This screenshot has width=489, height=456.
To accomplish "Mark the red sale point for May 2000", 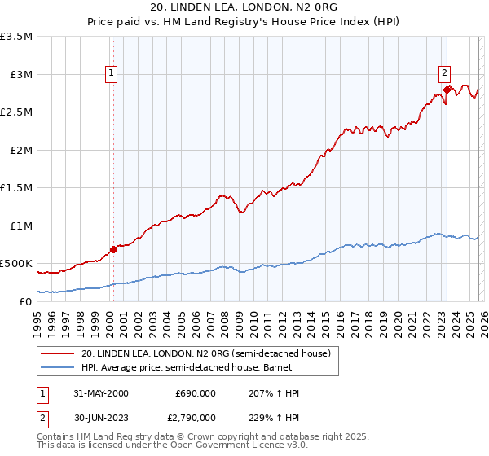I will [x=114, y=249].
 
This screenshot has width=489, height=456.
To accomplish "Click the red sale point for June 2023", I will [x=447, y=90].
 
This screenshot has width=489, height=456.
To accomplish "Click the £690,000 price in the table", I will [x=196, y=393].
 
